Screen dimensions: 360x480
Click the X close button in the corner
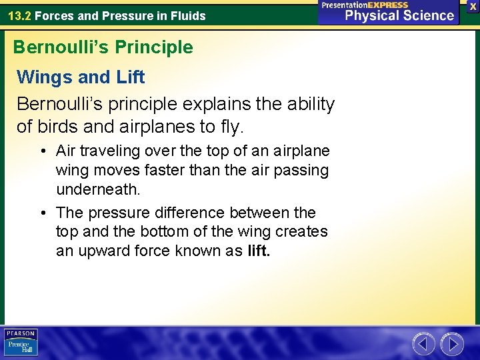coord(473,6)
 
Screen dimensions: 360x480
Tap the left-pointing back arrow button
coord(423,344)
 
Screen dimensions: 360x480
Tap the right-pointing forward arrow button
coord(452,344)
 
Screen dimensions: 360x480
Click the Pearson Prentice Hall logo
coord(21,343)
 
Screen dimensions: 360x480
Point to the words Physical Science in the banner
coord(400,16)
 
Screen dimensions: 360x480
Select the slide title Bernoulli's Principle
coord(103,47)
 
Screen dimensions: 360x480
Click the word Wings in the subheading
coord(45,77)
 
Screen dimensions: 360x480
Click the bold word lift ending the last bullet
coord(258,251)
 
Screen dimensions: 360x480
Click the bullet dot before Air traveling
coord(42,151)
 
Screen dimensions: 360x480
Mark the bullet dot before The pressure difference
coord(42,213)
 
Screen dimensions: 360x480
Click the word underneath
coord(98,190)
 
